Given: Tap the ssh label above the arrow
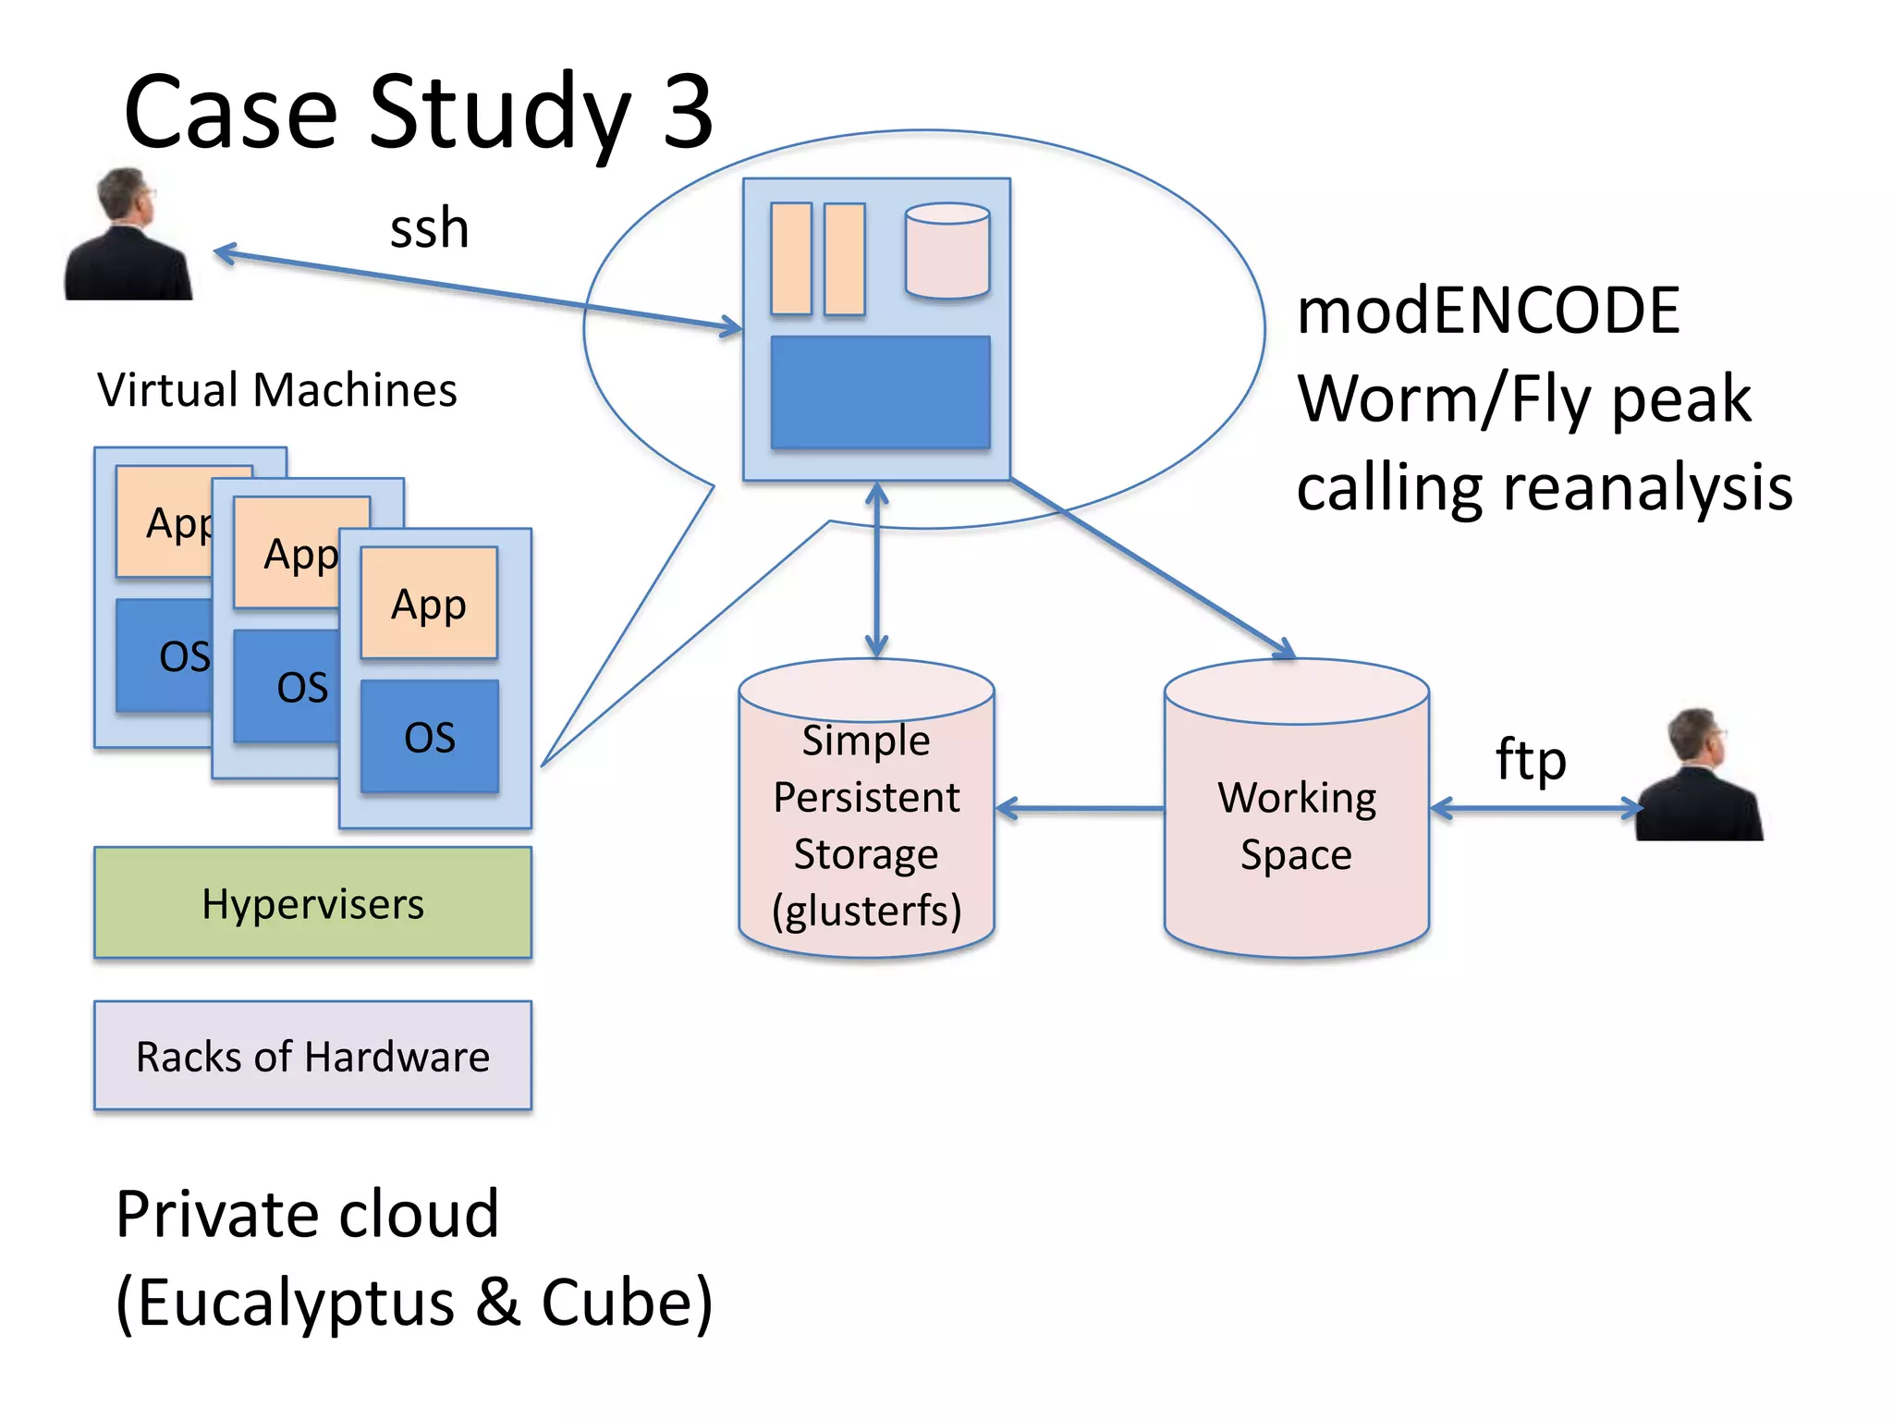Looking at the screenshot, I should click(429, 228).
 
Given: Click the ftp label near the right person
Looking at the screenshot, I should click(1531, 760).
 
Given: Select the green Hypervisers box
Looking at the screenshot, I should click(312, 903).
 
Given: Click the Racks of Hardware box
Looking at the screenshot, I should click(312, 1056).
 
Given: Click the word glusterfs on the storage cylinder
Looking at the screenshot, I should click(867, 911).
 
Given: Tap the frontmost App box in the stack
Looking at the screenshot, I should click(429, 603).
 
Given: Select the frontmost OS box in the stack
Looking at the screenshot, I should click(429, 737).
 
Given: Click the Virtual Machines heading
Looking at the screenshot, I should click(277, 389).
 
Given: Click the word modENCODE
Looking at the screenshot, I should click(1488, 311).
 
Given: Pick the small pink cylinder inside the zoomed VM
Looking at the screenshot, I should click(947, 251).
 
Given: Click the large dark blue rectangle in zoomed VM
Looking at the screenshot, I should click(880, 392).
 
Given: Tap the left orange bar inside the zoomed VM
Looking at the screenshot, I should click(791, 259).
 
